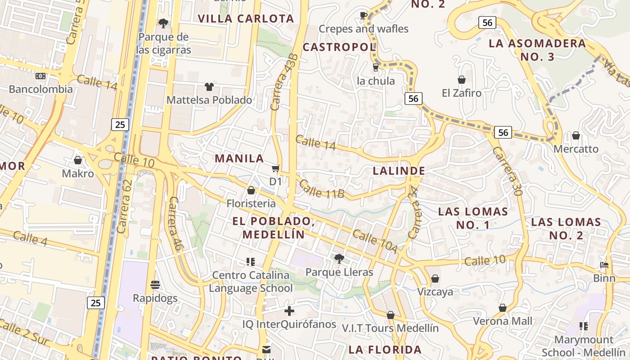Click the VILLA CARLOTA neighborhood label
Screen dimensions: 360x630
246,19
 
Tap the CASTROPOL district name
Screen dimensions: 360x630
339,47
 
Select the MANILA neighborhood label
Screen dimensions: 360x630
239,158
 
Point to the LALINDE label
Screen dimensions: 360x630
399,171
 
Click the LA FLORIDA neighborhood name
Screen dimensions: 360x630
385,350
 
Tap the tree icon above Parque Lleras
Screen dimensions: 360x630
339,259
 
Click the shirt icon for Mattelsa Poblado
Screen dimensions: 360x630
209,86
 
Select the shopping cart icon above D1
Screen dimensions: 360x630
275,169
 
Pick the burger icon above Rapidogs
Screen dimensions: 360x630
155,285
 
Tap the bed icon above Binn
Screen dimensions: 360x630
604,265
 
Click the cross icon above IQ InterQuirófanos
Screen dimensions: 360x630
289,311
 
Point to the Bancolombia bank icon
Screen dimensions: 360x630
40,76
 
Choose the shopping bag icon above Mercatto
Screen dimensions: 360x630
576,135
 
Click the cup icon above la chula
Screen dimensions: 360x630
375,67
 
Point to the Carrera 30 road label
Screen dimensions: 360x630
507,171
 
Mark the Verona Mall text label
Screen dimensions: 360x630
502,321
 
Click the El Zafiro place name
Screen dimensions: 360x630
461,93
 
